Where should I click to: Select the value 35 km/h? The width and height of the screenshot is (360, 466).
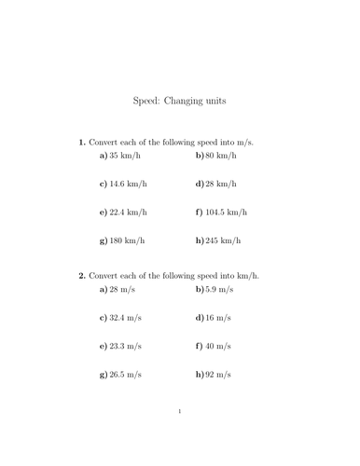pos(126,157)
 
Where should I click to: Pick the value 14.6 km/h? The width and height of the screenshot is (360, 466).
pos(130,185)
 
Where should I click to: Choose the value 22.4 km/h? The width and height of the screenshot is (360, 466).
pos(130,212)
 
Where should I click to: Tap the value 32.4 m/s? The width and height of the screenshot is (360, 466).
pos(127,318)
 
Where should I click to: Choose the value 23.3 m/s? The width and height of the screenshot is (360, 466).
pos(127,346)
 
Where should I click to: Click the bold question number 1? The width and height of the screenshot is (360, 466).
pos(82,142)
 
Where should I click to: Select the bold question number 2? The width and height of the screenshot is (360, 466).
pos(82,275)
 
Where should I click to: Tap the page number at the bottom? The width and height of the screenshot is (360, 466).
pos(179,410)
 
